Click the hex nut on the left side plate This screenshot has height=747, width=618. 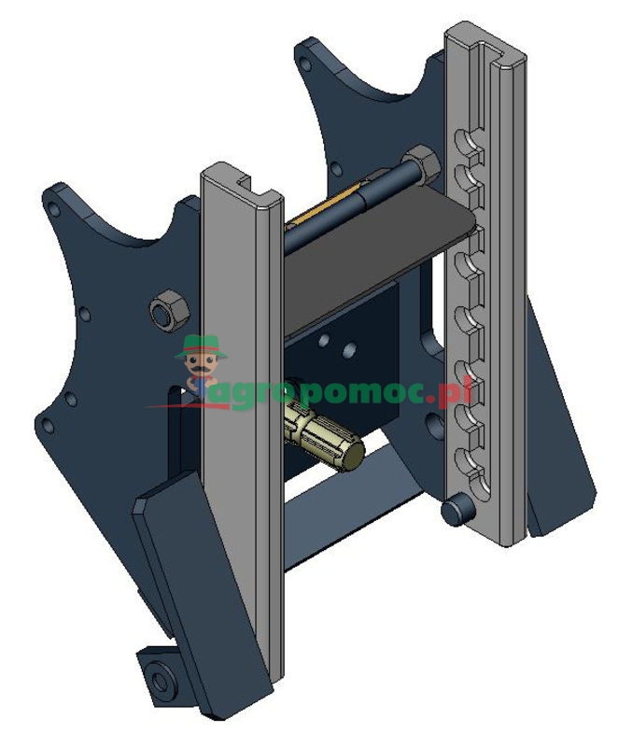[168, 309]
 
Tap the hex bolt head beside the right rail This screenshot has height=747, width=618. [423, 165]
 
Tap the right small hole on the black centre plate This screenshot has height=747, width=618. [349, 350]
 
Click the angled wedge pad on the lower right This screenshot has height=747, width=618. [560, 467]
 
